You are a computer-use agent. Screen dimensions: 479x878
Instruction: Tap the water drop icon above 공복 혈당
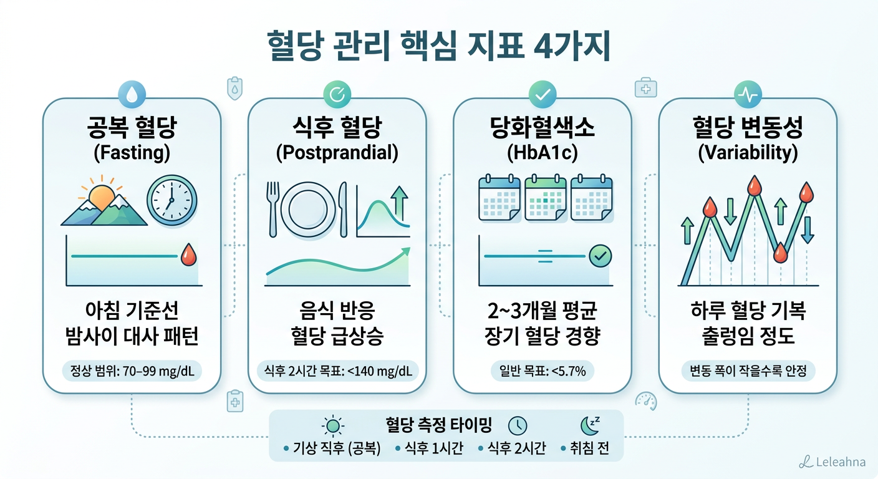pos(132,94)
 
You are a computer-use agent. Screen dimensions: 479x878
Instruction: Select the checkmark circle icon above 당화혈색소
pos(542,94)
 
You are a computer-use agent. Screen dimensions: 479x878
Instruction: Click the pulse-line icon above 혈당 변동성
pos(747,94)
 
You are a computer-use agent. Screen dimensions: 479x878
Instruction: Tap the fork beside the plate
pos(272,208)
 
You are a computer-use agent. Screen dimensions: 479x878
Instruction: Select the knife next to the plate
pos(343,208)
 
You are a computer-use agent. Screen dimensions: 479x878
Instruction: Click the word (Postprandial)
pos(337,153)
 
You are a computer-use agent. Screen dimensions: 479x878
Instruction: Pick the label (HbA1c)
pos(542,153)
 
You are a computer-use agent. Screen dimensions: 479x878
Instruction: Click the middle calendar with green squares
pos(546,198)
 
